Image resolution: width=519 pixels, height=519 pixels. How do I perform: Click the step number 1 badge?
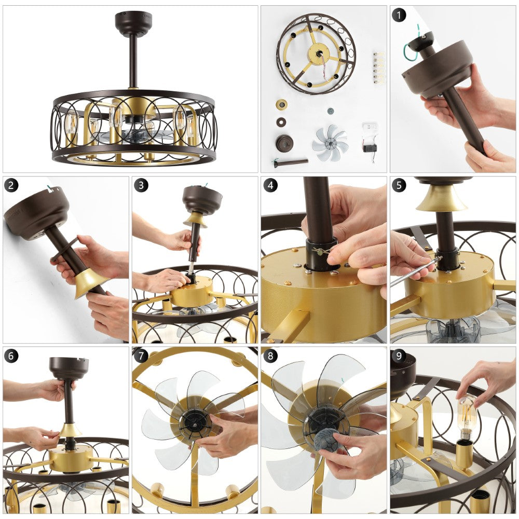(x=399, y=15)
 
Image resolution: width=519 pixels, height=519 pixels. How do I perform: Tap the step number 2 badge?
(x=11, y=185)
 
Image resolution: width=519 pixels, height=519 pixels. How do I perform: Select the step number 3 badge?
(x=141, y=185)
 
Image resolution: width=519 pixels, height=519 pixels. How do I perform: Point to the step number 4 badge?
(x=270, y=185)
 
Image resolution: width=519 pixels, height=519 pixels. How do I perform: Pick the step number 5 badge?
(x=399, y=185)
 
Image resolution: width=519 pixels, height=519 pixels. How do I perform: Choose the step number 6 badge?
(x=11, y=356)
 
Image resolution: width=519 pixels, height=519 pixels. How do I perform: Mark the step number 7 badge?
(x=141, y=356)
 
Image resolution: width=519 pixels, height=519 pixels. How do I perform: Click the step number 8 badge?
(x=270, y=356)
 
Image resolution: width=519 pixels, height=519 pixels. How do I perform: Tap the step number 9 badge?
(x=399, y=356)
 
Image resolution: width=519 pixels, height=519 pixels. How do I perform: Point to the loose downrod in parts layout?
(x=290, y=162)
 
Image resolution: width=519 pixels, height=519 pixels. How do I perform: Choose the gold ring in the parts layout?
(x=281, y=105)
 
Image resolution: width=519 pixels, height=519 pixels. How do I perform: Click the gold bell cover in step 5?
(x=441, y=198)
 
